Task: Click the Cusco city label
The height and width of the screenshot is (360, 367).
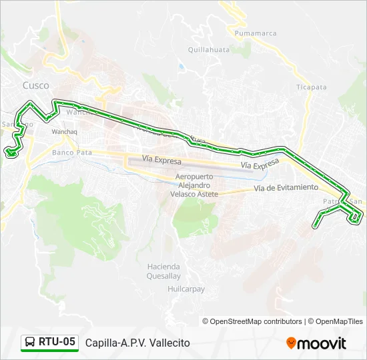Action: (x=35, y=85)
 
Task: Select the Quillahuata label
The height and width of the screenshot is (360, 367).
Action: (x=209, y=49)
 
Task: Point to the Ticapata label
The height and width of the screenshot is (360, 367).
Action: (x=312, y=87)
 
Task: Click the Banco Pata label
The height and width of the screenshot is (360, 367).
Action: (x=71, y=153)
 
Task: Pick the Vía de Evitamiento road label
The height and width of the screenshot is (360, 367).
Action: (x=286, y=189)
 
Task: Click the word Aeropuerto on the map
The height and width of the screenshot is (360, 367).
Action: (x=195, y=176)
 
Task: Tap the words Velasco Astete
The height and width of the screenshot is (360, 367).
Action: (x=194, y=193)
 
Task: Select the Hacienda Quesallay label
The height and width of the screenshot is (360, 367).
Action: (x=163, y=271)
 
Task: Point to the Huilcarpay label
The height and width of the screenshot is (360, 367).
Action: (x=186, y=289)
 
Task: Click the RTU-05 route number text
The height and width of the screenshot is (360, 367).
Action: (x=57, y=342)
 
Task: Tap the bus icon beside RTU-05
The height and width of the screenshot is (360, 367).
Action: (x=30, y=343)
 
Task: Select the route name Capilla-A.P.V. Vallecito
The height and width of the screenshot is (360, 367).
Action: (x=137, y=343)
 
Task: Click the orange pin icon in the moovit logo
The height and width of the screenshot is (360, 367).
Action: (x=291, y=343)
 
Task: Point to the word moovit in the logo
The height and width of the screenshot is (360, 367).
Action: (x=322, y=343)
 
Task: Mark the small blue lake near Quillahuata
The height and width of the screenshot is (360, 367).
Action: (x=180, y=67)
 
